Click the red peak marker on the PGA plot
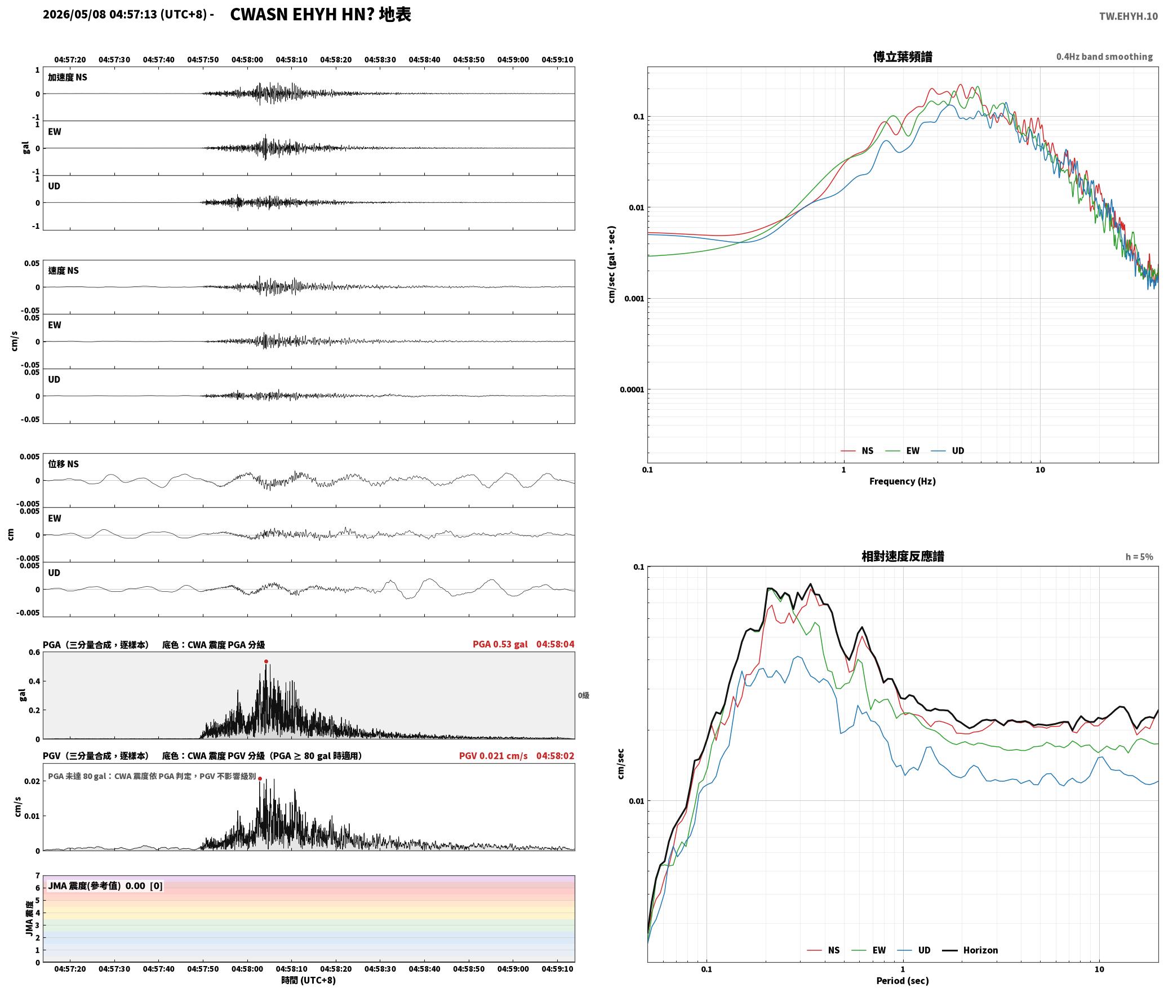(266, 661)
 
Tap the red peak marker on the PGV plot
(260, 778)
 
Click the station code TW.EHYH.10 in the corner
(1128, 16)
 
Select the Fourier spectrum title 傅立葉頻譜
(902, 56)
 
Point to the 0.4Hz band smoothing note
(1104, 56)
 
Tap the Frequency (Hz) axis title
(902, 481)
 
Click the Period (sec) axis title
(902, 980)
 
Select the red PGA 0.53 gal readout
(500, 644)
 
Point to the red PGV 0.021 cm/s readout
(493, 755)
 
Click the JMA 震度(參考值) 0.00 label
(96, 885)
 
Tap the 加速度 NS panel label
(68, 77)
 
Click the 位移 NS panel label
(63, 464)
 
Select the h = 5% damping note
(1139, 556)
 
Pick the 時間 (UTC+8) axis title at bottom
(308, 980)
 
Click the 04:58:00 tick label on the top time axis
(247, 59)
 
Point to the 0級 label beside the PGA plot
(583, 695)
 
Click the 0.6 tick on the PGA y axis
(34, 652)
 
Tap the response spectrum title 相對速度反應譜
(902, 556)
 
